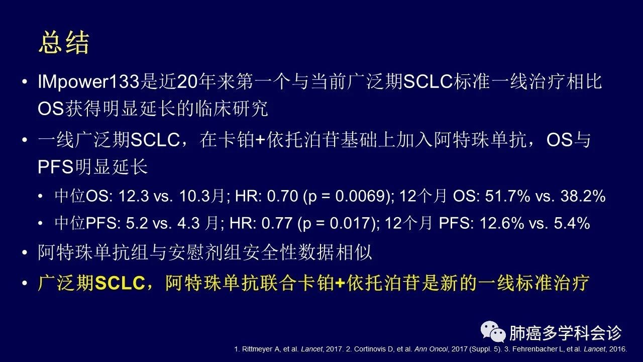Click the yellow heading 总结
[64, 43]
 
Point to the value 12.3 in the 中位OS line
[134, 196]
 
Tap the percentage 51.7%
[508, 196]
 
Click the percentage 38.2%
[583, 196]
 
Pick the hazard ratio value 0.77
[277, 223]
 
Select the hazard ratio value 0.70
[282, 196]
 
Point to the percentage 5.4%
[572, 223]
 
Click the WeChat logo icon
[493, 332]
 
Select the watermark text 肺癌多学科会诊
[566, 333]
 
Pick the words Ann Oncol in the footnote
[431, 349]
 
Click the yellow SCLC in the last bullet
[120, 283]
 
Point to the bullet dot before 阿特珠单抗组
[25, 252]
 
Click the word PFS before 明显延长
[55, 166]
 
